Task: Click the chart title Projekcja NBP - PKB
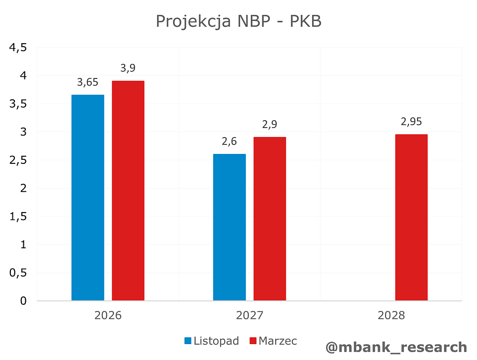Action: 238,21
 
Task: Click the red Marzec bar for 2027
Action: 269,218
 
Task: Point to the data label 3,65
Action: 88,82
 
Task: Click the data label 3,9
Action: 128,69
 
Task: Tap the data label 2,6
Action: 229,142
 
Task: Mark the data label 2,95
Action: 411,122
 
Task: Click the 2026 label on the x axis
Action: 108,316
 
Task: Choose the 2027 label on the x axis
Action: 249,316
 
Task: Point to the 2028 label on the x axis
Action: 391,316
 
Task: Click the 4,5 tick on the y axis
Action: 18,48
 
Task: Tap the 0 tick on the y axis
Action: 24,301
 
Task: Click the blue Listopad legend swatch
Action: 188,341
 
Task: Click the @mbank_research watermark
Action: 396,347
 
